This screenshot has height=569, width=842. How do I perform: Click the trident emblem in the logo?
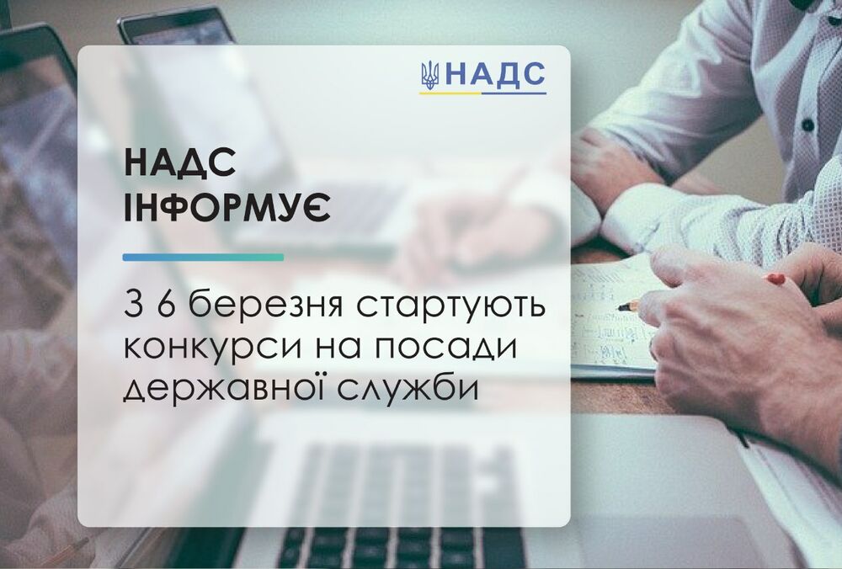429,76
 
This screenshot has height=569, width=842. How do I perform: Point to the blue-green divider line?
203,257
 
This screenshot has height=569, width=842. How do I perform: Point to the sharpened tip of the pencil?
622,308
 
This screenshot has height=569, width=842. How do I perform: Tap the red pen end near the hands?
776,279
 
